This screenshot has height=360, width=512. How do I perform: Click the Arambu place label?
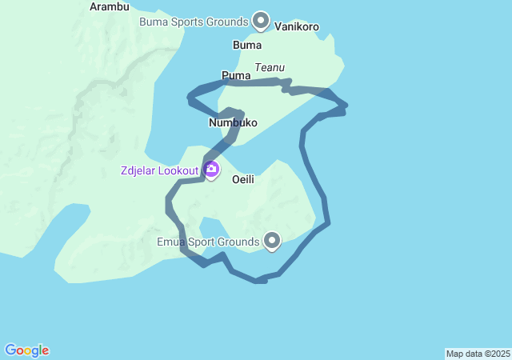point(110,6)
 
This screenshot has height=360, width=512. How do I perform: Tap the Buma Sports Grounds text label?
point(194,22)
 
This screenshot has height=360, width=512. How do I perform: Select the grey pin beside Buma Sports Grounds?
point(260,20)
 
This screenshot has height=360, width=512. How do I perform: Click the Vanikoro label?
point(297,26)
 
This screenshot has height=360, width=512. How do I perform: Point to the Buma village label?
point(246,45)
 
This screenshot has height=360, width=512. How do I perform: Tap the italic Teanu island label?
point(270,68)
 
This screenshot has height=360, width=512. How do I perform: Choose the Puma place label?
point(236,76)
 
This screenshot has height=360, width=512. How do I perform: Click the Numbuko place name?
point(233,122)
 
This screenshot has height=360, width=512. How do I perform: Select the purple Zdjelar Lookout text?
point(159,170)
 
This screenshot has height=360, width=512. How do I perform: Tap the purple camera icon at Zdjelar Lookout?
point(211,169)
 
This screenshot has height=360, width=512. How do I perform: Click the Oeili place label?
point(243,180)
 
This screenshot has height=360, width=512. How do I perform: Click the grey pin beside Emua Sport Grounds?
point(272,240)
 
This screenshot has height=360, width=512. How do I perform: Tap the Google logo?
point(26,350)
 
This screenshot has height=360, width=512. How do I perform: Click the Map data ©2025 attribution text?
point(478,354)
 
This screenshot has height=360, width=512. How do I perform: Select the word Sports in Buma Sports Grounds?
point(187,22)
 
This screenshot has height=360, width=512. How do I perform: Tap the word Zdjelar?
point(138,170)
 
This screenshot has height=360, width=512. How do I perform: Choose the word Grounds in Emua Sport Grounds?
point(239,242)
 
